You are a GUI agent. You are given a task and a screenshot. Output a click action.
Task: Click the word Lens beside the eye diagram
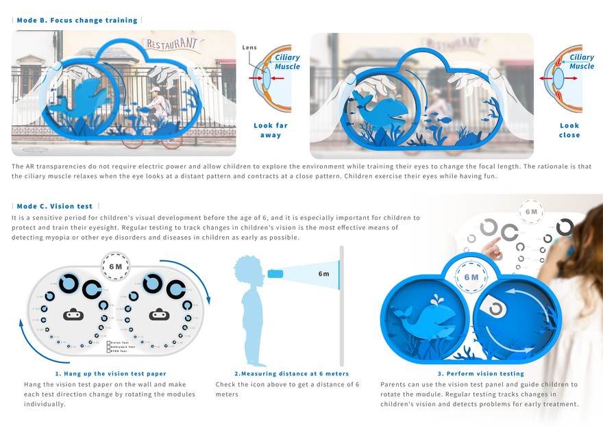click(x=249, y=48)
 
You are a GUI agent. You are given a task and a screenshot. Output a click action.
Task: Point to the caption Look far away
click(x=271, y=130)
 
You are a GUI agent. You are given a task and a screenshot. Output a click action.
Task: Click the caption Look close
click(x=569, y=130)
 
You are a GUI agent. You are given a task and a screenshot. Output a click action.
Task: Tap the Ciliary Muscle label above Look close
click(x=581, y=62)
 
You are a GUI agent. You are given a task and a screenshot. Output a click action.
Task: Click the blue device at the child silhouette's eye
click(x=276, y=274)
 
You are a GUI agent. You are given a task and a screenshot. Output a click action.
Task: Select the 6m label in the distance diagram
click(x=323, y=274)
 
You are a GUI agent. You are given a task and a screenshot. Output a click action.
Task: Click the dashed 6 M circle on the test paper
click(x=115, y=266)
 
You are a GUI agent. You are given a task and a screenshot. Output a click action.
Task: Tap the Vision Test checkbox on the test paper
click(x=108, y=342)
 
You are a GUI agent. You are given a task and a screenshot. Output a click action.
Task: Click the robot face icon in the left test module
click(x=73, y=316)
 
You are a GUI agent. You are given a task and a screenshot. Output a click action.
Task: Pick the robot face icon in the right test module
click(x=160, y=316)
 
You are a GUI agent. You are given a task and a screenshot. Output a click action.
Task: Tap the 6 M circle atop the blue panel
click(x=471, y=277)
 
